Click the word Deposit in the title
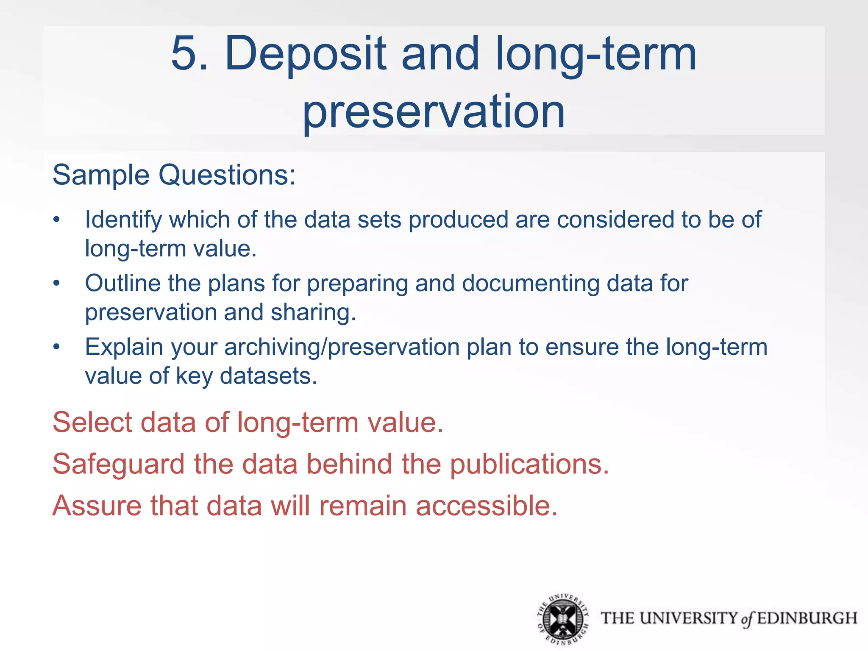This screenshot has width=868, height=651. tap(305, 54)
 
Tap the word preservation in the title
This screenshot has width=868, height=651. tap(433, 111)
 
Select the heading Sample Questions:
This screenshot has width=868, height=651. tap(174, 175)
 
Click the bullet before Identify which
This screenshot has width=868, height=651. tap(57, 220)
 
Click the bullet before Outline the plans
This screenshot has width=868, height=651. tap(57, 284)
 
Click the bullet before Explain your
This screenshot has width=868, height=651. tap(57, 347)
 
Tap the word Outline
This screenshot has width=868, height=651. tap(122, 283)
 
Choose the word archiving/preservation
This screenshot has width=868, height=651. tap(342, 347)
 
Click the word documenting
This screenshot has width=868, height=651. tap(530, 283)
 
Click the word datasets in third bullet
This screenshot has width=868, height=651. tap(268, 376)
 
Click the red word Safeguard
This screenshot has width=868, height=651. tap(119, 464)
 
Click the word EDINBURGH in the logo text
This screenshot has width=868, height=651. tap(807, 618)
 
